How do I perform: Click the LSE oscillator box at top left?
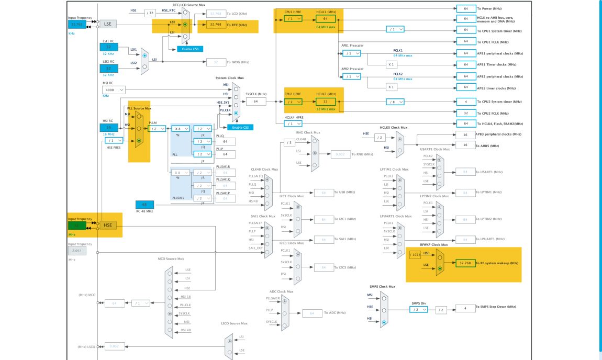[108, 24]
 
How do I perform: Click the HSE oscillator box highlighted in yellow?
[108, 225]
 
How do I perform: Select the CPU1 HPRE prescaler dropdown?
[294, 18]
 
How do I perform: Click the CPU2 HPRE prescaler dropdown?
[294, 102]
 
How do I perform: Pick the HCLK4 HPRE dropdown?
[294, 123]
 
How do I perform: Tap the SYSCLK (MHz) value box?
[256, 102]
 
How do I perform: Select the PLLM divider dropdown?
[157, 128]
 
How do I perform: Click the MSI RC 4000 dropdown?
[114, 90]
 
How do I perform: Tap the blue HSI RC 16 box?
[109, 128]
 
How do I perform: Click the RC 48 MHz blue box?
[144, 205]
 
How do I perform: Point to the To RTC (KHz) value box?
[216, 25]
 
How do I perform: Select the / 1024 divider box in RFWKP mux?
[415, 255]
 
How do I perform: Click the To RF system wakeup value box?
[465, 263]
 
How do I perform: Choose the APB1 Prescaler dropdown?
[351, 53]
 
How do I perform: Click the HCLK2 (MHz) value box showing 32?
[325, 102]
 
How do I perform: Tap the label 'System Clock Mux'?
[229, 77]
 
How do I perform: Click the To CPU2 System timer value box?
[465, 102]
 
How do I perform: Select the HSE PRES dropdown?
[114, 140]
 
